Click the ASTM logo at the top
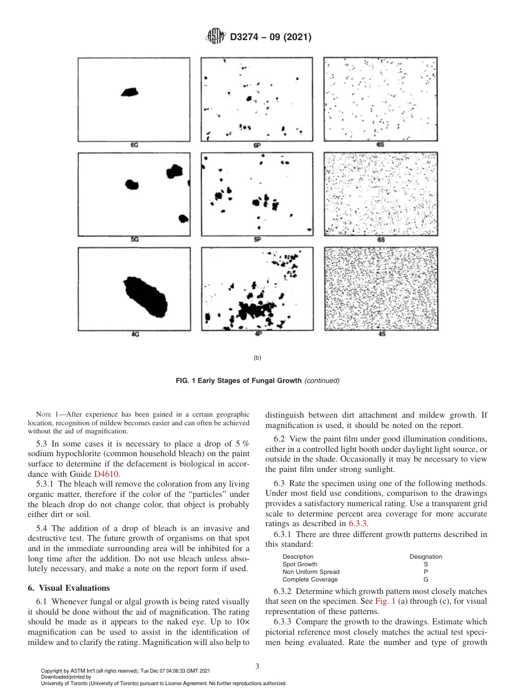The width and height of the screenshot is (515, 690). click(216, 37)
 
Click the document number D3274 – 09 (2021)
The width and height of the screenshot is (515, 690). click(270, 37)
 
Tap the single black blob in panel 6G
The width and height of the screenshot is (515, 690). click(130, 92)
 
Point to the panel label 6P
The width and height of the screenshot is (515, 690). click(257, 145)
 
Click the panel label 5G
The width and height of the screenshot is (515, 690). click(134, 240)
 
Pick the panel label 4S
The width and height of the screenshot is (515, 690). click(382, 334)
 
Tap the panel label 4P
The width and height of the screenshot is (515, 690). click(258, 334)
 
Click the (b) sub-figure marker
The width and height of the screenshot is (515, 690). click(257, 358)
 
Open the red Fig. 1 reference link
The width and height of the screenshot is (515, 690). click(384, 601)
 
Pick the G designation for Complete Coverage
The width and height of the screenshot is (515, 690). click(426, 579)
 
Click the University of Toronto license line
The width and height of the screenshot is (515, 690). click(164, 683)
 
